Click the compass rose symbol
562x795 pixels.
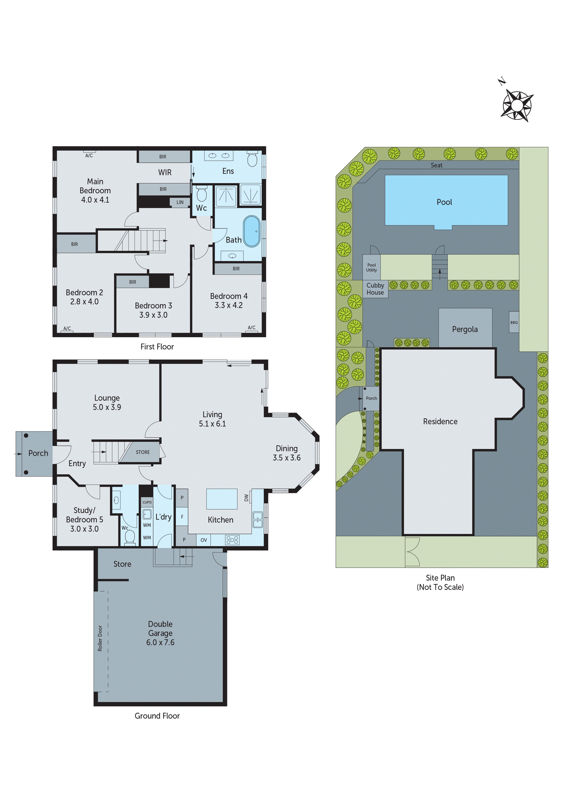click(x=517, y=105)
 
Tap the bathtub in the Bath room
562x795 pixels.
click(x=252, y=231)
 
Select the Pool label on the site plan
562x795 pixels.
click(x=444, y=202)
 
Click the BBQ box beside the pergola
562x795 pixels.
click(x=514, y=322)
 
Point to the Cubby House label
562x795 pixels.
click(x=375, y=289)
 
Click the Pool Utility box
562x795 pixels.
click(x=371, y=267)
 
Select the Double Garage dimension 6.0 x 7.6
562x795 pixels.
click(x=160, y=642)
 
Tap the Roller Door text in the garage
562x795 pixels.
click(x=100, y=638)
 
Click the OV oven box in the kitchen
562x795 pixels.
click(x=203, y=540)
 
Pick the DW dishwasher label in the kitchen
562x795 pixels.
click(x=246, y=498)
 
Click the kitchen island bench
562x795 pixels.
click(x=222, y=499)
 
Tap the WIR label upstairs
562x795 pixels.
click(x=165, y=172)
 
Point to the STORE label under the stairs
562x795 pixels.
click(x=143, y=452)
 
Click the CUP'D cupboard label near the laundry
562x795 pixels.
click(x=147, y=502)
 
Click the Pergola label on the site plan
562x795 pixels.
click(x=465, y=329)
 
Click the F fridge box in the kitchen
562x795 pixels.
click(x=182, y=517)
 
